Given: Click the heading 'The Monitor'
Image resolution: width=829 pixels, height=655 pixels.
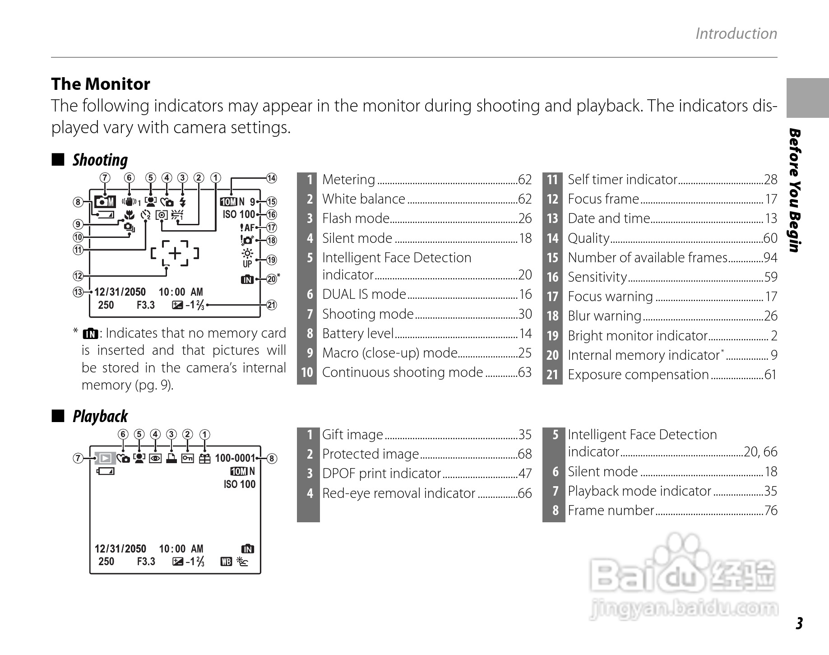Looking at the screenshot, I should click(100, 84).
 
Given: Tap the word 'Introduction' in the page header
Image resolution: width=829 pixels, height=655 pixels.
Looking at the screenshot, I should click(736, 33).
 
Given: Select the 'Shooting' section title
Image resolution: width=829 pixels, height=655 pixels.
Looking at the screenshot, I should click(100, 160).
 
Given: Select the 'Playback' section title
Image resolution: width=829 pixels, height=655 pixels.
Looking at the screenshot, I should click(100, 416).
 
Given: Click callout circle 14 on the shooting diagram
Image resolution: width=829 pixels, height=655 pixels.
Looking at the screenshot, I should click(271, 178).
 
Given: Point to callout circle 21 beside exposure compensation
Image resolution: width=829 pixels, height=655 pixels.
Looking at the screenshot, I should click(271, 305).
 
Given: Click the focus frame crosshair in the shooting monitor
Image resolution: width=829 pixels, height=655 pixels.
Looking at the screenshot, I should click(175, 253).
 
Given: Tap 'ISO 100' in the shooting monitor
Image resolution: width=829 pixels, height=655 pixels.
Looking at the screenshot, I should click(239, 214).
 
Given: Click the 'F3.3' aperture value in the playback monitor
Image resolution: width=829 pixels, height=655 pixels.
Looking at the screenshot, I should click(146, 561).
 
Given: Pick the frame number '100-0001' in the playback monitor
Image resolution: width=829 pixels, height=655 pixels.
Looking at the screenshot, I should click(235, 458).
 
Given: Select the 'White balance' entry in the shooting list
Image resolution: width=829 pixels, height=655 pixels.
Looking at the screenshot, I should click(363, 199).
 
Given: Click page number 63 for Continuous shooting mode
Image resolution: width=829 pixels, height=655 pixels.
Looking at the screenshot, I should click(525, 372).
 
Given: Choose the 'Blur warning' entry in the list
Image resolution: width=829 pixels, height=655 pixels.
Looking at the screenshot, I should click(604, 316).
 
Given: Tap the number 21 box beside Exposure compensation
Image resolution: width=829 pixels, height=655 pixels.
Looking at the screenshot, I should click(552, 375).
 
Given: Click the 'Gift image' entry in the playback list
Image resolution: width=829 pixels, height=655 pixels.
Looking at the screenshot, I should click(352, 435).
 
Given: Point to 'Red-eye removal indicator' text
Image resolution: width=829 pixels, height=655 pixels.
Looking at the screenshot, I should click(398, 493).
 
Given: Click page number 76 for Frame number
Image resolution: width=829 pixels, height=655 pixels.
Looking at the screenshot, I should click(770, 511).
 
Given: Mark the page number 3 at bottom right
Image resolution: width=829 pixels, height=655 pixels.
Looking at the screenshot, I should click(799, 623).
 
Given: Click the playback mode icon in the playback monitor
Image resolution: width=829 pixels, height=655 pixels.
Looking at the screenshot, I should click(105, 458).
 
